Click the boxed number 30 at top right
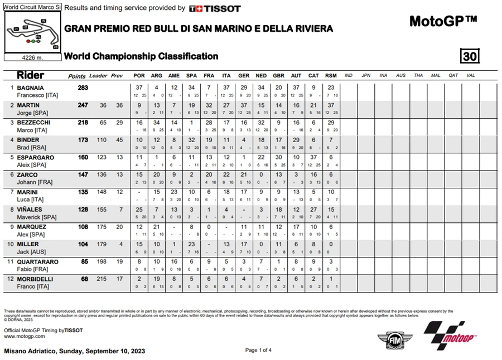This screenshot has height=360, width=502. point(470,56)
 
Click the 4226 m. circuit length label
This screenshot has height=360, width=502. point(32,57)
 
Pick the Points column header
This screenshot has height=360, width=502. point(76,76)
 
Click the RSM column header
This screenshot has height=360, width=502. point(331,76)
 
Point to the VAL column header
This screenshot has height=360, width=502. point(470,76)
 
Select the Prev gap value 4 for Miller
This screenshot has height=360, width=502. point(120,244)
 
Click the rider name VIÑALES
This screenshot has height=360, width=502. point(27,209)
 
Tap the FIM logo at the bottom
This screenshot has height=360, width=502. point(390,339)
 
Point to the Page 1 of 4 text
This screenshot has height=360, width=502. point(259,350)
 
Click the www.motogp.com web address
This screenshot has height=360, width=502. point(25,337)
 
